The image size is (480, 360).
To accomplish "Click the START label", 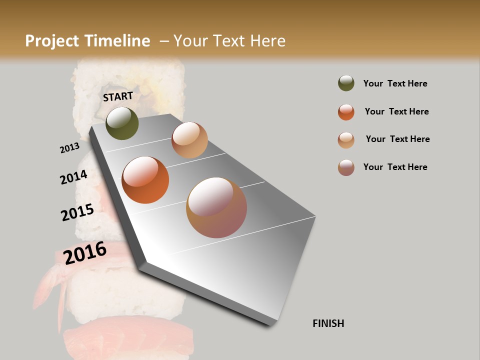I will [118, 96].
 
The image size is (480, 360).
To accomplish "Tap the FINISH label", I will [328, 323].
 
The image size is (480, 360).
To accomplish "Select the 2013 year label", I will [69, 148].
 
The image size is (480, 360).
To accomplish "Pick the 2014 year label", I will [73, 177].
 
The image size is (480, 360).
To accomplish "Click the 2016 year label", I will [85, 252].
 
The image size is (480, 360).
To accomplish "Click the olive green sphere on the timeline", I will [122, 123].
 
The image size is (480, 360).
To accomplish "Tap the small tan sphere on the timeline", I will [189, 140].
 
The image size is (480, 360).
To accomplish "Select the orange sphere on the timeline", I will [145, 180].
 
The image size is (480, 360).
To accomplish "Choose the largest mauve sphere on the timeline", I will [216, 207].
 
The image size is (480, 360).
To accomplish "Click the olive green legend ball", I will [346, 83].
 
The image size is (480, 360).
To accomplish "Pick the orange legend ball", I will [346, 112].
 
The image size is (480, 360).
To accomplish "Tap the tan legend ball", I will [346, 140].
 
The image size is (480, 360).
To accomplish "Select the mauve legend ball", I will [346, 167].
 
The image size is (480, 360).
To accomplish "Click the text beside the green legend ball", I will [395, 83].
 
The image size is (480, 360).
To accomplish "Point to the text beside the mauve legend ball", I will [395, 167].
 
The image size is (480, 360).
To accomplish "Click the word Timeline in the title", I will [117, 41].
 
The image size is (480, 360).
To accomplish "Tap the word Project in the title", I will [51, 41].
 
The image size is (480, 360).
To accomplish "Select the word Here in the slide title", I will [267, 41].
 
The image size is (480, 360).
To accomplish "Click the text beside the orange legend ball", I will [396, 111].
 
